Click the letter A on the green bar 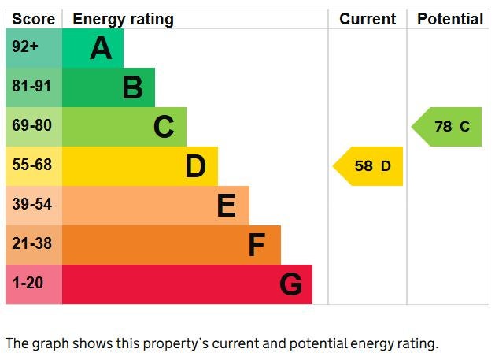click(x=101, y=49)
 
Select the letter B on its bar click(x=132, y=88)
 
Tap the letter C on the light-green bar click(x=164, y=127)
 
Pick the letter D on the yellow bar click(x=195, y=166)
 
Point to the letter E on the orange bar click(x=226, y=206)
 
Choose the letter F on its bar click(x=257, y=245)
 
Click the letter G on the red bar click(x=290, y=284)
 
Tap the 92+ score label click(x=25, y=47)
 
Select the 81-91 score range click(x=31, y=87)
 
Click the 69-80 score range click(x=31, y=126)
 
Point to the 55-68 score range click(x=31, y=165)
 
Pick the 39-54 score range click(x=31, y=205)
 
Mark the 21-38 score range click(x=31, y=244)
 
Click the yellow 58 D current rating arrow click(x=370, y=166)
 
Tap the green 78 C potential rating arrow click(x=449, y=127)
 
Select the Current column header click(x=368, y=19)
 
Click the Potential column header click(x=450, y=19)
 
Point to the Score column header click(x=34, y=19)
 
